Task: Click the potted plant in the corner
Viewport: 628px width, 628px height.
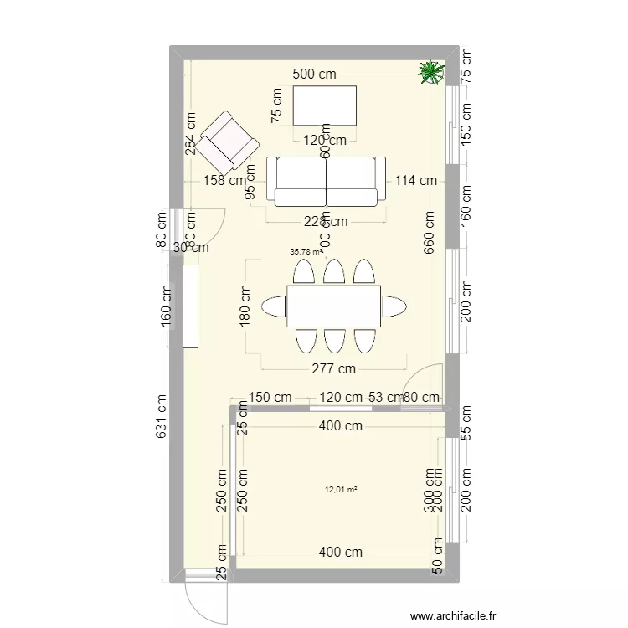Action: point(431,73)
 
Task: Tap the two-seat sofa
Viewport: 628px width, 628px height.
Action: point(326,181)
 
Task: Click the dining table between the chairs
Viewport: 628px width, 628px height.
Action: point(333,306)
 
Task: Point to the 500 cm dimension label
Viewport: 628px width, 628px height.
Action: point(314,74)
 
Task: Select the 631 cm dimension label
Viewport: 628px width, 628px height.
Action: point(162,415)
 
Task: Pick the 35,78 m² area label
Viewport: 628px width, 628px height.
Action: point(306,250)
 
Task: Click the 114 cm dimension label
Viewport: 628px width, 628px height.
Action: point(416,180)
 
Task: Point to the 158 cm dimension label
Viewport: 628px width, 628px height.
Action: point(224,180)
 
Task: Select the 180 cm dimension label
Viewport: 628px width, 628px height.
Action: point(245,306)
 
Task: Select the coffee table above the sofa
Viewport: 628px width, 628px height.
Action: point(324,105)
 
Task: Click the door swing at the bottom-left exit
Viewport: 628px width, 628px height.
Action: point(203,596)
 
